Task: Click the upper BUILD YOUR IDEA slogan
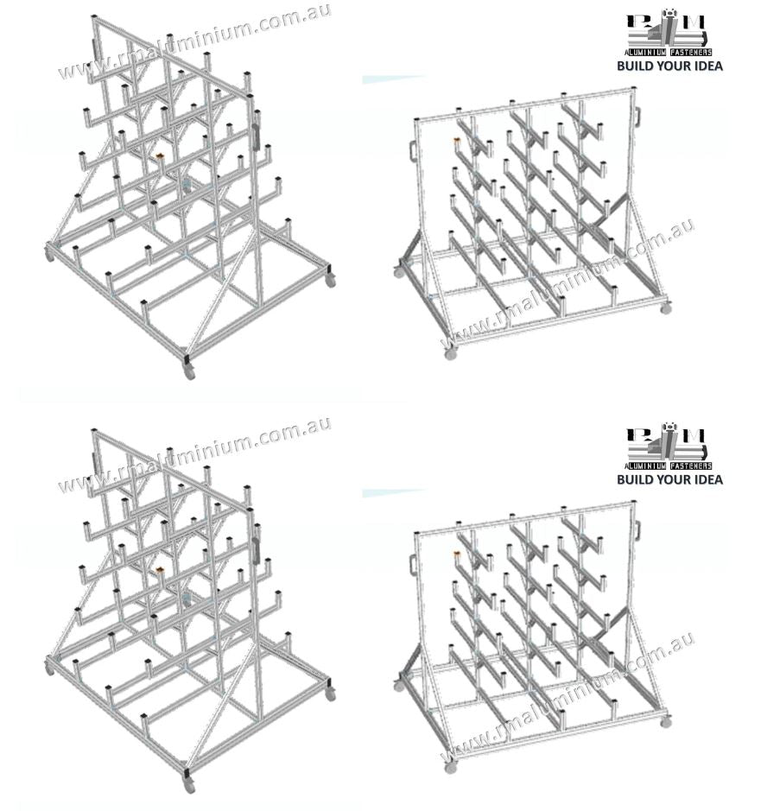click(x=669, y=66)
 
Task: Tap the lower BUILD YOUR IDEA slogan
click(x=669, y=479)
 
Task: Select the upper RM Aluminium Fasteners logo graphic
click(x=669, y=35)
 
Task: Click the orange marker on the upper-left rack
click(x=160, y=156)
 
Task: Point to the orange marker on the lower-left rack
click(x=160, y=570)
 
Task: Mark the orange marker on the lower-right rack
click(x=457, y=554)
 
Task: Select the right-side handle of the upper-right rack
click(x=639, y=114)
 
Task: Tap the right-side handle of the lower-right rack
click(x=639, y=528)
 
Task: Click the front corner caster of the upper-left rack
click(x=189, y=371)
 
